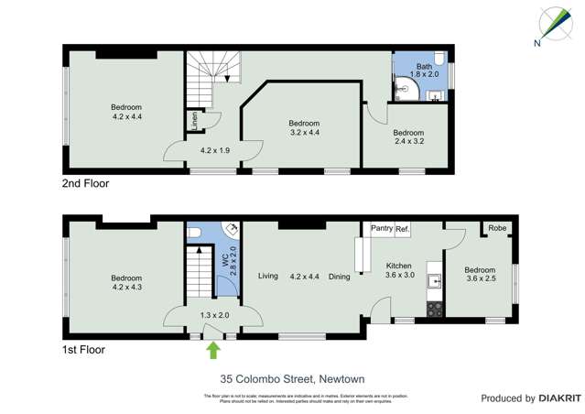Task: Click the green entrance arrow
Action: pos(213,349)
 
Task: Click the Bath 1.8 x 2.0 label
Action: pos(424,71)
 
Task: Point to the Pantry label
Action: pos(381,229)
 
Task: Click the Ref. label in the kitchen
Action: pos(403,229)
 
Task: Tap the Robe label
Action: pos(497,228)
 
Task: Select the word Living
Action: pos(267,276)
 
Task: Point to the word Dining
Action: pos(340,276)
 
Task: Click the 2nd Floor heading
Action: pos(85,183)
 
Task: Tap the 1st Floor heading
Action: pos(83,349)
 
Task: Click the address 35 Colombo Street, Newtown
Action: pos(292,377)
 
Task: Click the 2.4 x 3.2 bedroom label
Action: pos(409,136)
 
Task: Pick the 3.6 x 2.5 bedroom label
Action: pos(480,275)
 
